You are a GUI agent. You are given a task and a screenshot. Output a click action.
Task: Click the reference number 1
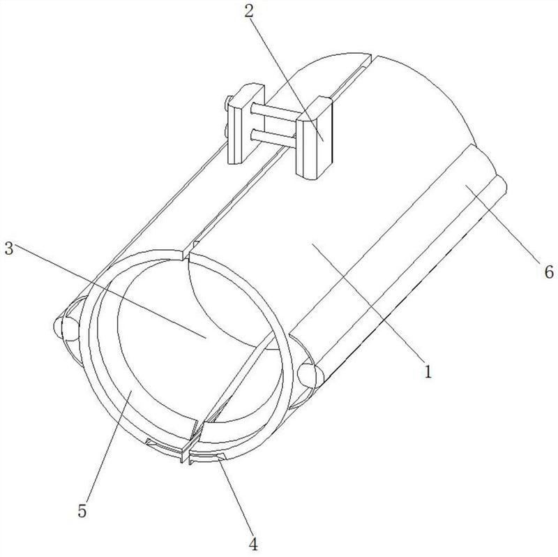[428, 371]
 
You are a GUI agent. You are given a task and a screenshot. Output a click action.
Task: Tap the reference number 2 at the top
[248, 12]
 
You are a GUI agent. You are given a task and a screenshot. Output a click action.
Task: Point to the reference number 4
[253, 544]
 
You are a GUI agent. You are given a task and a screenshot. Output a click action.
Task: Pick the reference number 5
[82, 511]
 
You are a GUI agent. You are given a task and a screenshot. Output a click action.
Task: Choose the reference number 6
[549, 272]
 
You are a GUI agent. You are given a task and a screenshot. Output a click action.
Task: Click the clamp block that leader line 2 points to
[314, 138]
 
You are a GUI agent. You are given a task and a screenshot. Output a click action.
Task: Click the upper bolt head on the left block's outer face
[229, 103]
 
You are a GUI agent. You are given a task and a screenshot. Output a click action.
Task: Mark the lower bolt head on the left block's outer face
[227, 130]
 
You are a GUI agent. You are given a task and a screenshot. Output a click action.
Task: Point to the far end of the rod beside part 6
[501, 184]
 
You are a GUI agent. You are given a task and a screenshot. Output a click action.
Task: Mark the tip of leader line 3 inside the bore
[206, 337]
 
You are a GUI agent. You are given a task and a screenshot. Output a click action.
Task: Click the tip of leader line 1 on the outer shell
[312, 244]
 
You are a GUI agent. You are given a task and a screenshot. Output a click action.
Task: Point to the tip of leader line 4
[218, 460]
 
